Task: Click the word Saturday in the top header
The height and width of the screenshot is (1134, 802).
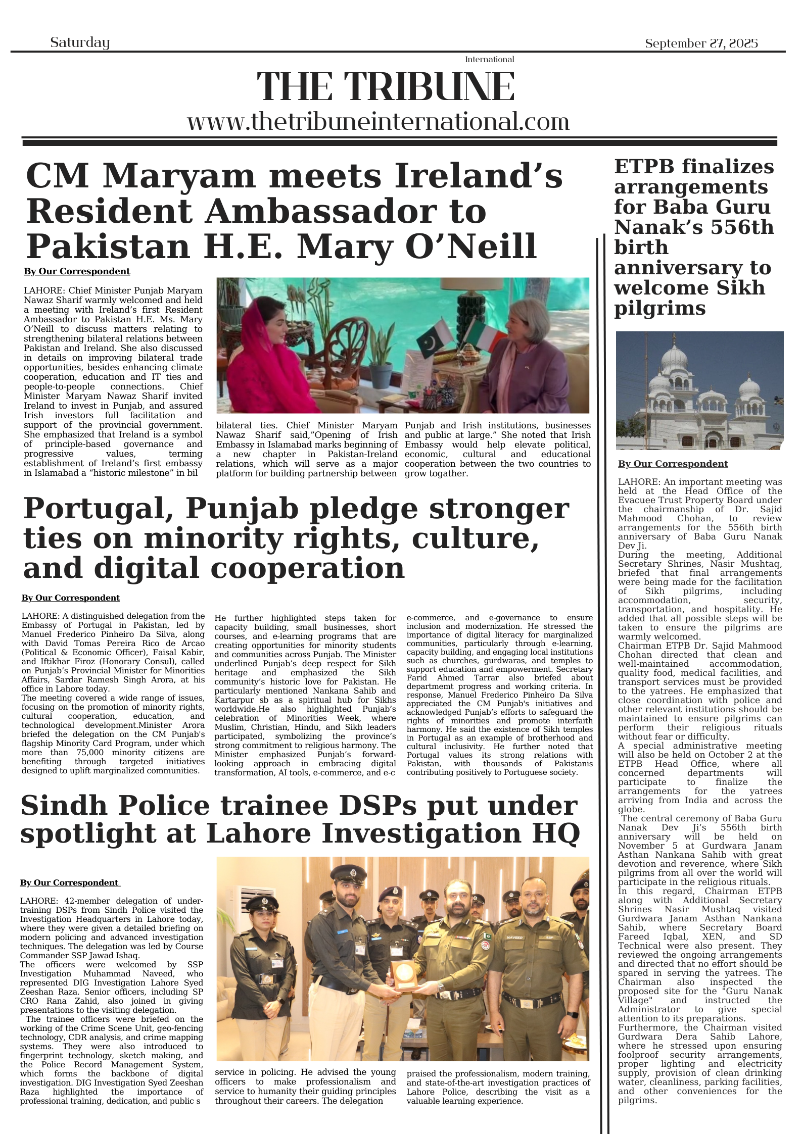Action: pyautogui.click(x=80, y=42)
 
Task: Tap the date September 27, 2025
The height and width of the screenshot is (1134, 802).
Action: pyautogui.click(x=701, y=43)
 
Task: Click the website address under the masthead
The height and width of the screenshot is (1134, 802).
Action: pyautogui.click(x=378, y=122)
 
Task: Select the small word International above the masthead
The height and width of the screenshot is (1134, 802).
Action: pyautogui.click(x=489, y=60)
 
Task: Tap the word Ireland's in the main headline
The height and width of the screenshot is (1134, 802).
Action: pyautogui.click(x=478, y=177)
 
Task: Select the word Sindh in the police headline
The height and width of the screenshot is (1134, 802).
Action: pyautogui.click(x=59, y=805)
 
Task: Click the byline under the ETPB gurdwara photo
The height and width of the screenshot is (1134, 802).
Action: pyautogui.click(x=673, y=464)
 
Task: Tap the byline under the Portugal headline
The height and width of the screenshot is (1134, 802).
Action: pyautogui.click(x=70, y=598)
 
